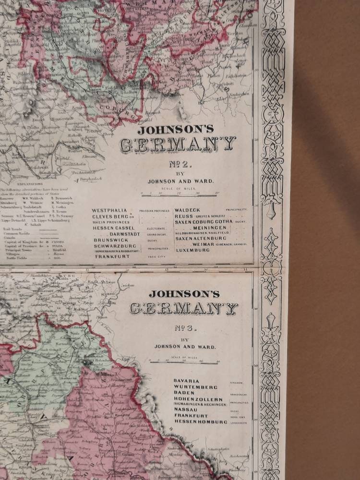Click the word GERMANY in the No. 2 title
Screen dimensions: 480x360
click(178, 144)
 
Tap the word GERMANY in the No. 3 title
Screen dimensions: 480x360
click(184, 308)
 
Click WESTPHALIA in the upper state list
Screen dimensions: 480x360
click(109, 210)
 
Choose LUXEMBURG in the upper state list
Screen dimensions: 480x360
click(192, 250)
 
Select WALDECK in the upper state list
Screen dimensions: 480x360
click(188, 210)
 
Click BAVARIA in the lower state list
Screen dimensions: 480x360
click(187, 381)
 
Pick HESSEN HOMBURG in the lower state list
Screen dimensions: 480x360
click(201, 421)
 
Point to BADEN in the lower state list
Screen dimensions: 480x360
click(184, 393)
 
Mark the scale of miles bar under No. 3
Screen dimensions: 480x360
click(184, 362)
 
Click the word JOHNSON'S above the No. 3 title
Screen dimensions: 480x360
click(184, 294)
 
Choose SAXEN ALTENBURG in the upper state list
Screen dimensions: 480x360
click(200, 238)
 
